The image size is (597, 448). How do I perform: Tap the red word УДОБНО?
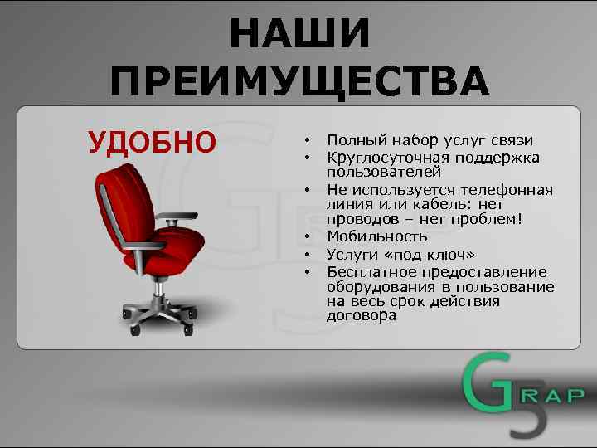click(152, 142)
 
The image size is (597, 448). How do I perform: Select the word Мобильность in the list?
click(377, 236)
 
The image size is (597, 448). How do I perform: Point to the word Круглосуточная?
click(387, 158)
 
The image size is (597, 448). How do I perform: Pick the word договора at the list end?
click(362, 315)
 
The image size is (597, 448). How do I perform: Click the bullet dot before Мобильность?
click(306, 237)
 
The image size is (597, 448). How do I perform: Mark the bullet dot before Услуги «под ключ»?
click(306, 255)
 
